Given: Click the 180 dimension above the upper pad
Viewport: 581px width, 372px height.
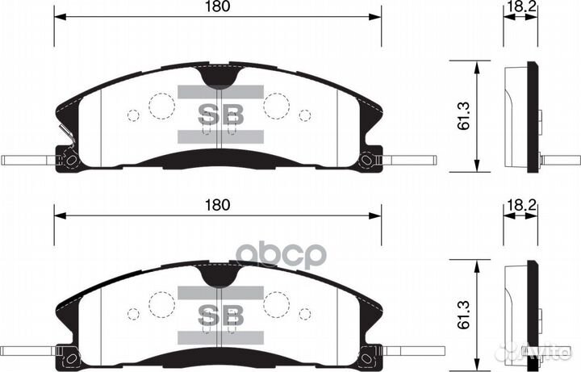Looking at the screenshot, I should [217, 7].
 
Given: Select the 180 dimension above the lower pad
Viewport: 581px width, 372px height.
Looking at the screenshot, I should [217, 205].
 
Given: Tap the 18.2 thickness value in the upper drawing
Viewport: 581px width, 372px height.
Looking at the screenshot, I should [517, 7].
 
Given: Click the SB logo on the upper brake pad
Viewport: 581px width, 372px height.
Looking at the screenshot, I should [220, 115].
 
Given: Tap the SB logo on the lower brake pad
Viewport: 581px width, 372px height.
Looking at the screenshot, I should [220, 313].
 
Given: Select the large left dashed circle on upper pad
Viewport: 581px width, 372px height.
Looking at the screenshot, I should [161, 105].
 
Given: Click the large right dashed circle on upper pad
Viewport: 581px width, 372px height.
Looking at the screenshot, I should [277, 105].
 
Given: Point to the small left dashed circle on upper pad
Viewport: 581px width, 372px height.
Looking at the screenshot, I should [134, 115].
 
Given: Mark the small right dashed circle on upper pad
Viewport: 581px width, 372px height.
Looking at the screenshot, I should [304, 115].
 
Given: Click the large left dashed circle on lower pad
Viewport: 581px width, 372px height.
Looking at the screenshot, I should [161, 303].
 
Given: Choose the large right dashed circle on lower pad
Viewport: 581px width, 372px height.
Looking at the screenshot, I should [277, 303].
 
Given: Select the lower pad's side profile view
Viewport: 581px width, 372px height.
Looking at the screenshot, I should [520, 315].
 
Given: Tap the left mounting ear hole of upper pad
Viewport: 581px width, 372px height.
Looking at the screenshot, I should [70, 160].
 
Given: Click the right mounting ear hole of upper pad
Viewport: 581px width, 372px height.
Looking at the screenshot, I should [368, 160].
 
